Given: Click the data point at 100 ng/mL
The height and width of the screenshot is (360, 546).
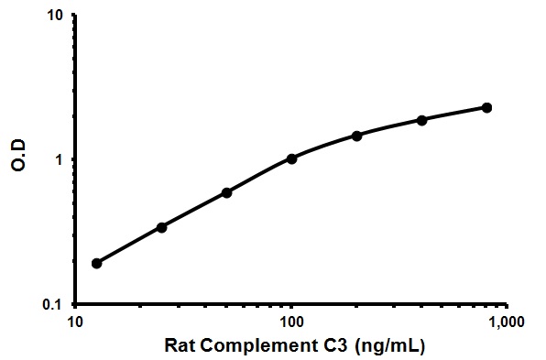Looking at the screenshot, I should pos(291,158).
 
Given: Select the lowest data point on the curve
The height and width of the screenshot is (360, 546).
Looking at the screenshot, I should pos(96,263).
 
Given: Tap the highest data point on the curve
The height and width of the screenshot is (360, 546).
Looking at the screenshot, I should pos(486,108).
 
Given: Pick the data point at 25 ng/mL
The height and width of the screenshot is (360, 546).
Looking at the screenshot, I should pos(162,226).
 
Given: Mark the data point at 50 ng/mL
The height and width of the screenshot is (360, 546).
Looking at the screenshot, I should pos(226,192).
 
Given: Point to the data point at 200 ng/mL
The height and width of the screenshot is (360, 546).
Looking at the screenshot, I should pos(356,136).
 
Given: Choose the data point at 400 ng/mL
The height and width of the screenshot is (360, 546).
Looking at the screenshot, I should pos(421,120).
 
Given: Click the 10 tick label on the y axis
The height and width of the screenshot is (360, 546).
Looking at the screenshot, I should pos(55,16).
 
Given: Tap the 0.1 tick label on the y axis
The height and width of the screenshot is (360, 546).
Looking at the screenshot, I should pos(53,304).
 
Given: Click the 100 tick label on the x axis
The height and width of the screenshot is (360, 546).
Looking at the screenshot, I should pos(291,322).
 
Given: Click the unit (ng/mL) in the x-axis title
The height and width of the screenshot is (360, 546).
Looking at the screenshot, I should pos(383,347).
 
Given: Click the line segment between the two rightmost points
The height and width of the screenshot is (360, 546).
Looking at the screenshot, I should pos(454,114).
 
